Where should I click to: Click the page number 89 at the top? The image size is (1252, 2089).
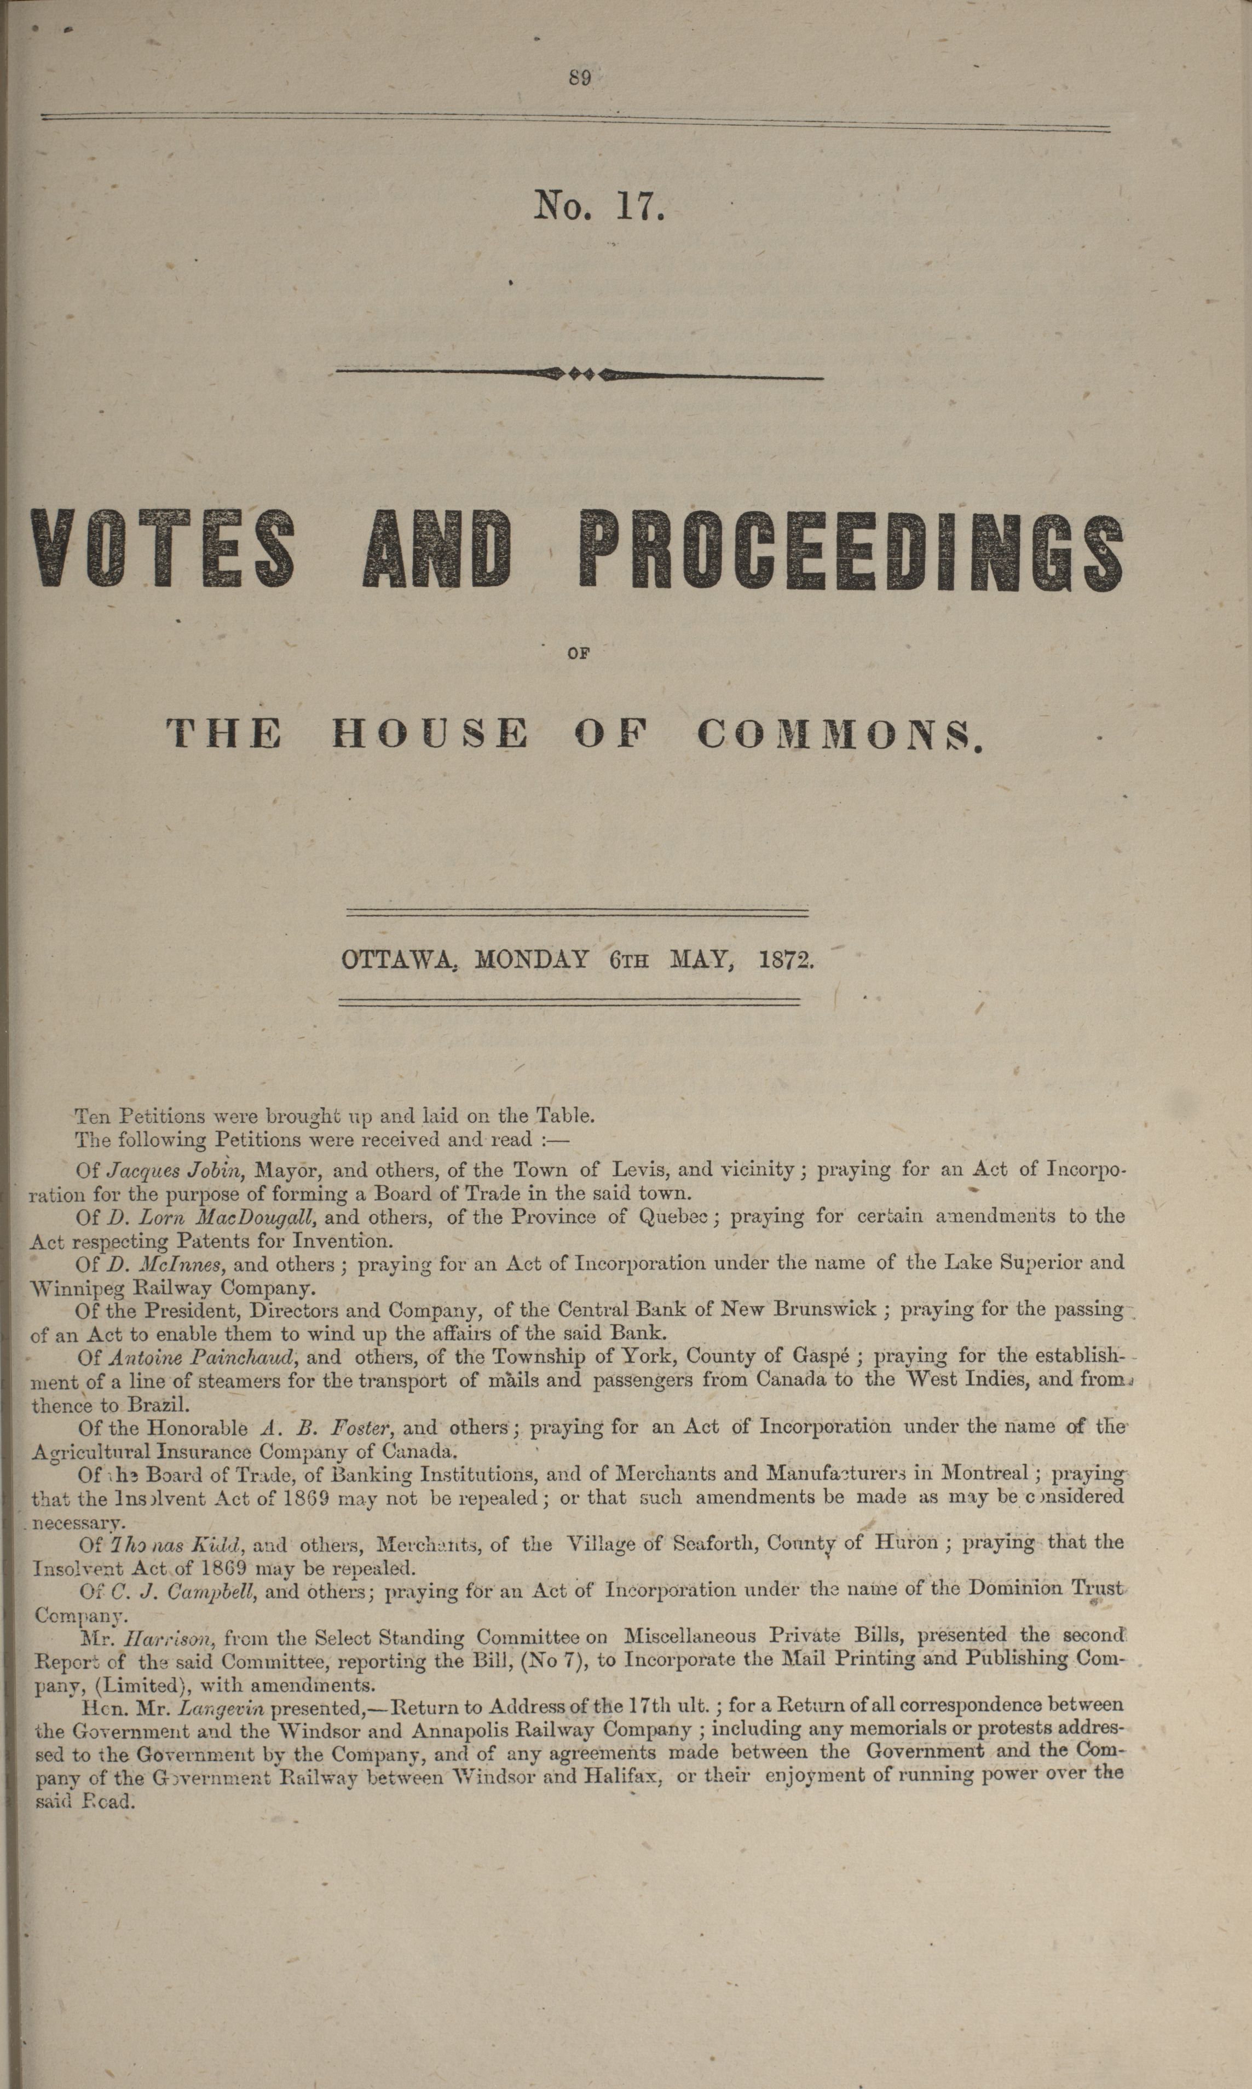tap(580, 78)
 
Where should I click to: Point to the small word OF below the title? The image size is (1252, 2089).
tap(578, 651)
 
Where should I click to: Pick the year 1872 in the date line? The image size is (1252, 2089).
tap(786, 960)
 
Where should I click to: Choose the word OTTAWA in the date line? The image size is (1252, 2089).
tap(398, 960)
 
